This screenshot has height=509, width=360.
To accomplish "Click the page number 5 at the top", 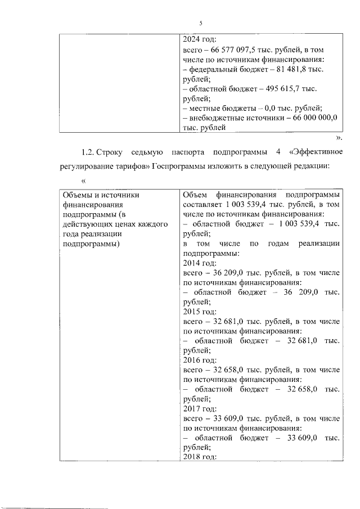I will click(x=200, y=23).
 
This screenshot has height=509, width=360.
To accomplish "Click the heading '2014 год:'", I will click(x=200, y=263).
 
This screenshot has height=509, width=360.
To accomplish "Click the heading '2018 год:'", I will click(x=200, y=457).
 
